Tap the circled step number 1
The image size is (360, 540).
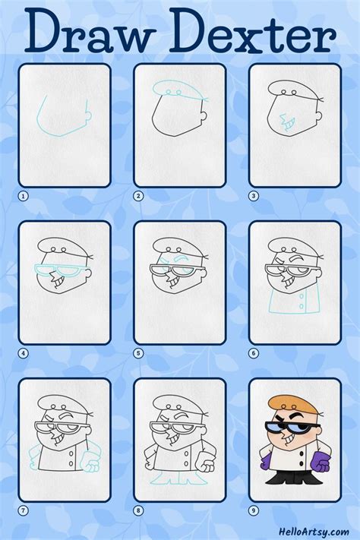point(23,195)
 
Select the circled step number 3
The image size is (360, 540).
point(254,195)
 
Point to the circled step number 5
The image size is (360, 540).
point(138,352)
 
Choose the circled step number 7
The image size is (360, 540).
point(23,510)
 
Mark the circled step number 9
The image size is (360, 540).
point(254,510)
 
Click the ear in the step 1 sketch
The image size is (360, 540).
point(88,116)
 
